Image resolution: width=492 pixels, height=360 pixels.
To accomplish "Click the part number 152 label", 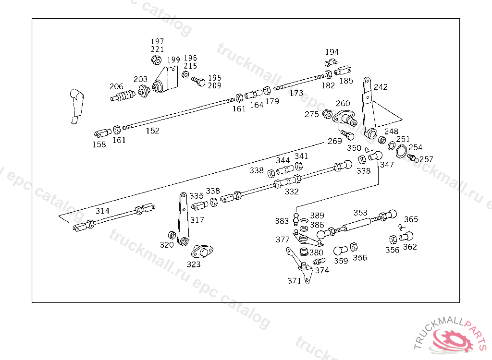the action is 152,131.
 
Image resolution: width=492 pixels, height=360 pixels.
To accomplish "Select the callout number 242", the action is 381,87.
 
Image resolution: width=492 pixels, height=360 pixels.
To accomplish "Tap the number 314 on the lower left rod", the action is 102,211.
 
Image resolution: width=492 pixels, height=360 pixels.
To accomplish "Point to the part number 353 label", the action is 360,213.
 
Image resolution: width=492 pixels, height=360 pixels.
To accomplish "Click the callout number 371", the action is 295,281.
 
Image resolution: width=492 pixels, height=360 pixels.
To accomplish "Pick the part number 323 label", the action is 193,264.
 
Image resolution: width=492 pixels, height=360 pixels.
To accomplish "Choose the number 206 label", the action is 116,86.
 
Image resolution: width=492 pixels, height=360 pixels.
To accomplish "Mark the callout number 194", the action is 332,52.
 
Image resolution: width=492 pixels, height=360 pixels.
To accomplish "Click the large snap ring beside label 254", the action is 401,152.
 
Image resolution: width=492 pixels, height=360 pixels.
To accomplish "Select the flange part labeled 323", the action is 202,252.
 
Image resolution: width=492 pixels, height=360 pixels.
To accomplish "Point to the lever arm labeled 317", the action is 183,219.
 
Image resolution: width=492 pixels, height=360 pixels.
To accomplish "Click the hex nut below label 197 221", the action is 156,60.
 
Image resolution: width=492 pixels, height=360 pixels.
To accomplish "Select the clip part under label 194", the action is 331,62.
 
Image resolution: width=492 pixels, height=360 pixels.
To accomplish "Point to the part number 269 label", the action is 334,141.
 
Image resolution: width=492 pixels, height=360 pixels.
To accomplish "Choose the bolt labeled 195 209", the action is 198,82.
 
